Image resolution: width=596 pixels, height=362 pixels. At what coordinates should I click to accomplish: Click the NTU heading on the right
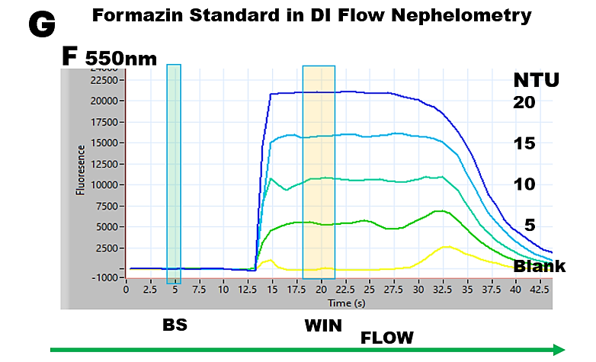pyautogui.click(x=536, y=80)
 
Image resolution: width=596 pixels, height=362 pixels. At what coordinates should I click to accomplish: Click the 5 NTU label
pyautogui.click(x=530, y=226)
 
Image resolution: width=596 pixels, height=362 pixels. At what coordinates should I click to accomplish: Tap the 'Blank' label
pyautogui.click(x=539, y=266)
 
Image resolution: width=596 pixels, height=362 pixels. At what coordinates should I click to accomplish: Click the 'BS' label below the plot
pyautogui.click(x=175, y=325)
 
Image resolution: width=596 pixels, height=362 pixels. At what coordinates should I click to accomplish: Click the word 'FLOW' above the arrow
pyautogui.click(x=386, y=337)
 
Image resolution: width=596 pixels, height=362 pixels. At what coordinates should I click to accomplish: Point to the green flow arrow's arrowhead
pyautogui.click(x=560, y=349)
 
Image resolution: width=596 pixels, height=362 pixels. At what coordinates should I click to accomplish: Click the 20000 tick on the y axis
pyautogui.click(x=105, y=101)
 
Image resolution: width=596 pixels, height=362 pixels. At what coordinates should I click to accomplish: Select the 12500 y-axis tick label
pyautogui.click(x=105, y=164)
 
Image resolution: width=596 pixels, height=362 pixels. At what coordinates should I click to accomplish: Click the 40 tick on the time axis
pyautogui.click(x=516, y=290)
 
